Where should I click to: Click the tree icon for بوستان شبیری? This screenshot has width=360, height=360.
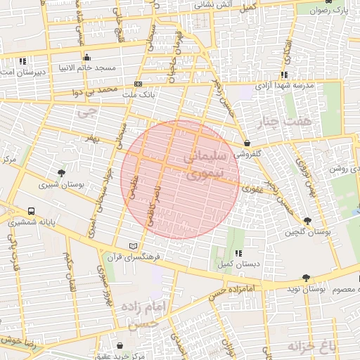click(61, 173)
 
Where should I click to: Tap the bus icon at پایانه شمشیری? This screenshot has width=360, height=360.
click(32, 211)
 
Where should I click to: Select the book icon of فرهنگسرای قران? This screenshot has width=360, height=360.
click(134, 246)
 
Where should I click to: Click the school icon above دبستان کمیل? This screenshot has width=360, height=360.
click(238, 253)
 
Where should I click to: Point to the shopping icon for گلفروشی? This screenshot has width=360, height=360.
click(246, 143)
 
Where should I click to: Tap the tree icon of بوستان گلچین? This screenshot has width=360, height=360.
click(307, 221)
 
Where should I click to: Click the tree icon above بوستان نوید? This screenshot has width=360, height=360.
click(305, 278)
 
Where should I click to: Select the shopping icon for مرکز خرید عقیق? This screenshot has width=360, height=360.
click(120, 346)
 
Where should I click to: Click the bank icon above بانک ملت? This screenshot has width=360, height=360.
click(138, 84)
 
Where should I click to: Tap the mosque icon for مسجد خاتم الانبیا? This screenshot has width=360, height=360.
click(86, 58)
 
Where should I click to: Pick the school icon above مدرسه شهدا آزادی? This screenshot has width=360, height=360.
click(284, 75)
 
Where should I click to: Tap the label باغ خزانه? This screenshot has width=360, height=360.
click(330, 347)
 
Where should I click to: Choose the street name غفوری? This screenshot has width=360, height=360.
click(251, 189)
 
